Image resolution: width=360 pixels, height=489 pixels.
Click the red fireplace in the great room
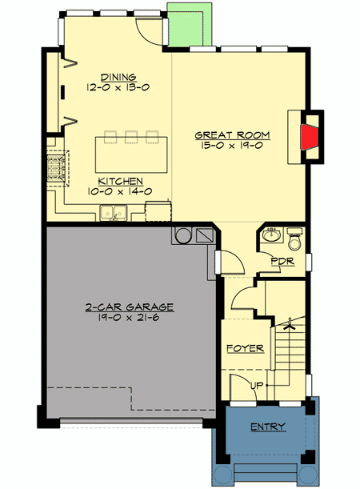(x=307, y=137)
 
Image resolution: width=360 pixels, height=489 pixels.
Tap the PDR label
(x=278, y=262)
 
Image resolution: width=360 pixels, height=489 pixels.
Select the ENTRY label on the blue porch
(x=268, y=427)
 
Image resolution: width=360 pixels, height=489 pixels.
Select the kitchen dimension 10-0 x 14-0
(x=121, y=192)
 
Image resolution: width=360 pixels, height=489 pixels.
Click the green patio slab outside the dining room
(x=188, y=24)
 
